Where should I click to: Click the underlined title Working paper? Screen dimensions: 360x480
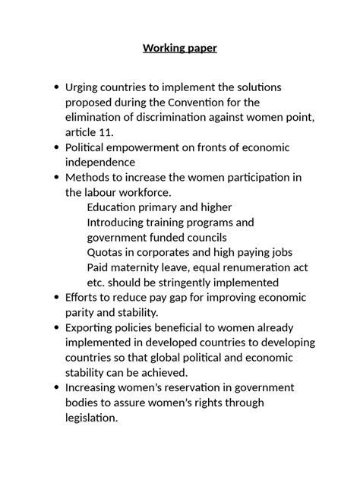(180, 48)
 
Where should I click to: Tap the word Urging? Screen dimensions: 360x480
(84, 88)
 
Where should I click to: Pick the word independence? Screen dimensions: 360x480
(100, 162)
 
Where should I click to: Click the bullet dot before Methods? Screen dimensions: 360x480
(56, 177)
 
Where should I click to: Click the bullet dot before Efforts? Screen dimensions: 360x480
(56, 297)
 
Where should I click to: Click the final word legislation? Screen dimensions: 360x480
(92, 418)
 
